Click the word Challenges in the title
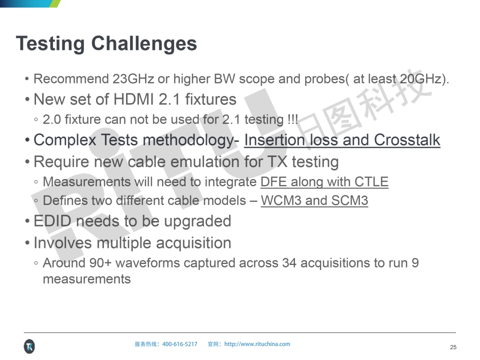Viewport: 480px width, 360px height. coord(144,44)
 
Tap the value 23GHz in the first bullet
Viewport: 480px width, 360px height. coord(133,79)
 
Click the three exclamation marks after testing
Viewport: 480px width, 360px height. coord(292,119)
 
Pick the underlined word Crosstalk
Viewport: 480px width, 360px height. coord(407,140)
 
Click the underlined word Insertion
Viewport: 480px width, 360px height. coord(274,140)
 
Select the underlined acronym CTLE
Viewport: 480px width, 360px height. coord(371,182)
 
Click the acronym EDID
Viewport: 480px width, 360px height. coord(52,221)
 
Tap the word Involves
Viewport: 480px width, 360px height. coord(62,243)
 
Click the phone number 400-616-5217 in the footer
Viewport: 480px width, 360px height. coord(179,344)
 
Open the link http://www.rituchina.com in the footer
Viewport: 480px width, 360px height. coord(257,344)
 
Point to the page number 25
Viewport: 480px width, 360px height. coord(453,347)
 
